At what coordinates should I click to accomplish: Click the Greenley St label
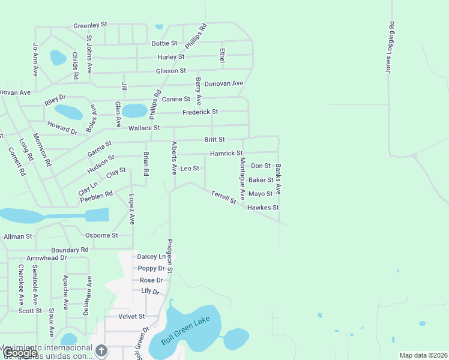(90, 25)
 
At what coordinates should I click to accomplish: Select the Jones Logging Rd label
(390, 48)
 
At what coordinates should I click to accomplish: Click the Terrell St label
(224, 197)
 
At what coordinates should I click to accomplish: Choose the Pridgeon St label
(170, 256)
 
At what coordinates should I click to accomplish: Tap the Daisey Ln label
(151, 257)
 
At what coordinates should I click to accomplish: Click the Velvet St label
(132, 316)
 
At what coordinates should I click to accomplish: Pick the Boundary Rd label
(70, 250)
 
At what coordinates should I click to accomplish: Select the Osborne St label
(101, 235)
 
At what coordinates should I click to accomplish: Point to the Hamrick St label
(226, 154)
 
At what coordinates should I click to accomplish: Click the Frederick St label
(200, 112)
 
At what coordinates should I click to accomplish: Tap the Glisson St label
(170, 71)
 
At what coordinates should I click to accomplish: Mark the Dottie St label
(164, 43)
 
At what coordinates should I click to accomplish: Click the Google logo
(19, 353)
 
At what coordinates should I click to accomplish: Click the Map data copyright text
(423, 355)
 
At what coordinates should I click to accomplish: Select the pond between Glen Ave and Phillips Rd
(134, 111)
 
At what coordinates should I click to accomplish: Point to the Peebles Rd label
(97, 195)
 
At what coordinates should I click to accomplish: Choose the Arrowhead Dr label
(47, 258)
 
